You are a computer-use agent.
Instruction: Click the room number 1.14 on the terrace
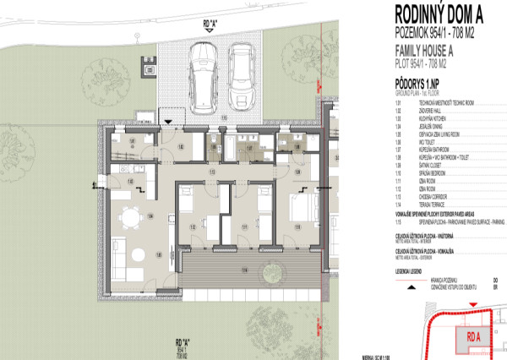[244, 270]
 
